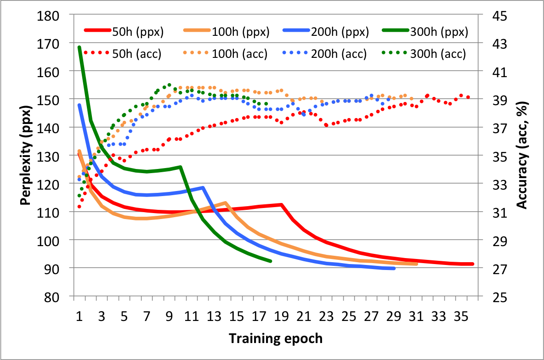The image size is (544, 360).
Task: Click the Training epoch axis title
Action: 276,339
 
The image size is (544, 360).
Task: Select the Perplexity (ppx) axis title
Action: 28,156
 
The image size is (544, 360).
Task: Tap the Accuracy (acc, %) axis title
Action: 522,156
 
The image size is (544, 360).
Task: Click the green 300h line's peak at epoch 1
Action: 79,47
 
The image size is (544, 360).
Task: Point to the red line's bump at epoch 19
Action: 281,205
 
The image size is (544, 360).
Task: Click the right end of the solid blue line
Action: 394,268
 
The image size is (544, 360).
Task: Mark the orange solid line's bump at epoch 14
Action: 225,202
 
